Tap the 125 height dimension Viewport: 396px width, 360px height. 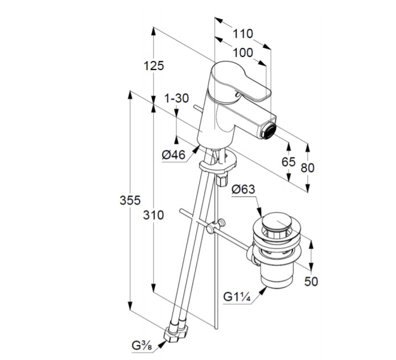click(154, 65)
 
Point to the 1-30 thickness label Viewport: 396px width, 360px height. click(176, 98)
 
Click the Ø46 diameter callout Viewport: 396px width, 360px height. click(174, 154)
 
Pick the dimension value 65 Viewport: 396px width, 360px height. click(288, 162)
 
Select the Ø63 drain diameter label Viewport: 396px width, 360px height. click(243, 190)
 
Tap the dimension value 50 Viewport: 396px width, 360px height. click(311, 281)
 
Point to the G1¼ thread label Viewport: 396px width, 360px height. click(238, 296)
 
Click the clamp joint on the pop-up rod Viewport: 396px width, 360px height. click(214, 227)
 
